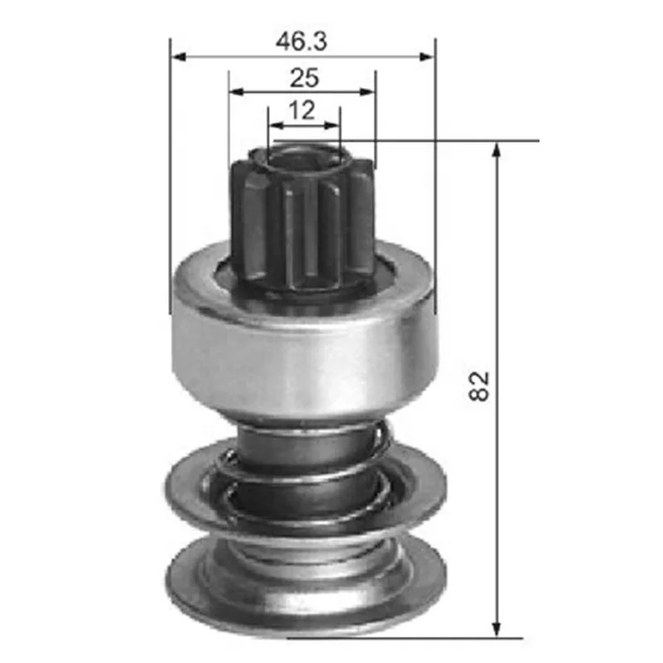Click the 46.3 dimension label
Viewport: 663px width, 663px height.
tap(302, 41)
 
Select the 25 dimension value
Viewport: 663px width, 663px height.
tap(304, 78)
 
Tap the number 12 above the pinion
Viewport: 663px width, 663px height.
tap(302, 110)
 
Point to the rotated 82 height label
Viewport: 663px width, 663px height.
tap(479, 386)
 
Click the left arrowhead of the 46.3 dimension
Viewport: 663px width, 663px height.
tap(179, 56)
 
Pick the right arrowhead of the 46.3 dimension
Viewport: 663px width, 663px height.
tap(426, 56)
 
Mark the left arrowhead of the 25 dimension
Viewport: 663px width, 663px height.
tap(237, 91)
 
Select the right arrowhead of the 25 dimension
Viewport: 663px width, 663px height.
tap(366, 91)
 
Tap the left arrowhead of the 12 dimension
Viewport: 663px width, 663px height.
tap(277, 125)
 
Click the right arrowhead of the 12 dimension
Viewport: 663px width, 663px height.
tap(331, 125)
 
